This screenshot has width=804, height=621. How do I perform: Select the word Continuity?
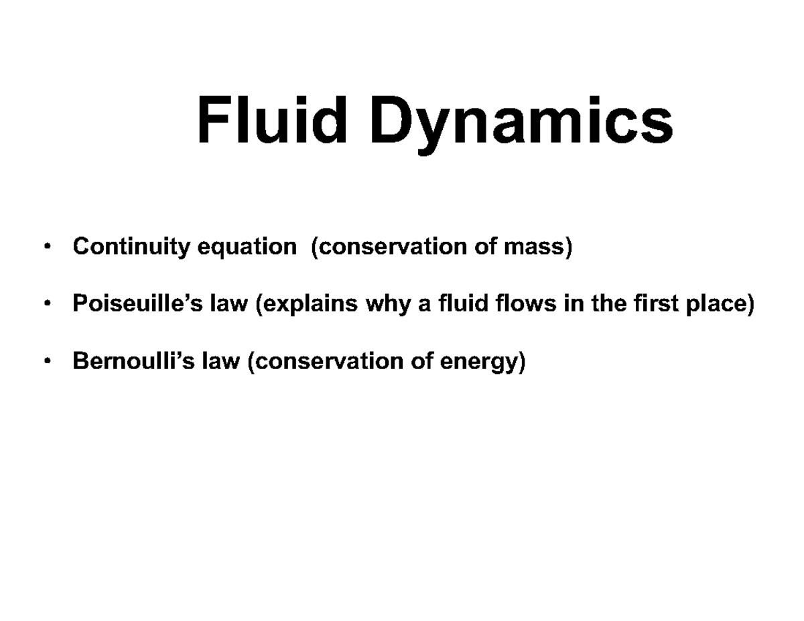[131, 247]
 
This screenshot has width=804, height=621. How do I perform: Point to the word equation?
[246, 248]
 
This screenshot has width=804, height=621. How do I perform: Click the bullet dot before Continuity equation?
[46, 248]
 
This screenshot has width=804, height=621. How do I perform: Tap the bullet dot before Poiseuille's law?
[46, 305]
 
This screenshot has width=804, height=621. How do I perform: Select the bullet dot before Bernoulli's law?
[46, 362]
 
